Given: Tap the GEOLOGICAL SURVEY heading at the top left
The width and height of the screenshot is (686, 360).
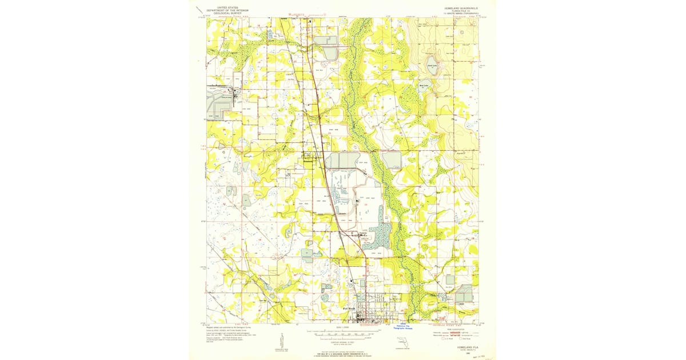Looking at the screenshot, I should [224, 14].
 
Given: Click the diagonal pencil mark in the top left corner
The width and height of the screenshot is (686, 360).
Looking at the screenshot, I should [198, 10].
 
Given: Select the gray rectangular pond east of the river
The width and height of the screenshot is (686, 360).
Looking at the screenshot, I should [392, 160].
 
